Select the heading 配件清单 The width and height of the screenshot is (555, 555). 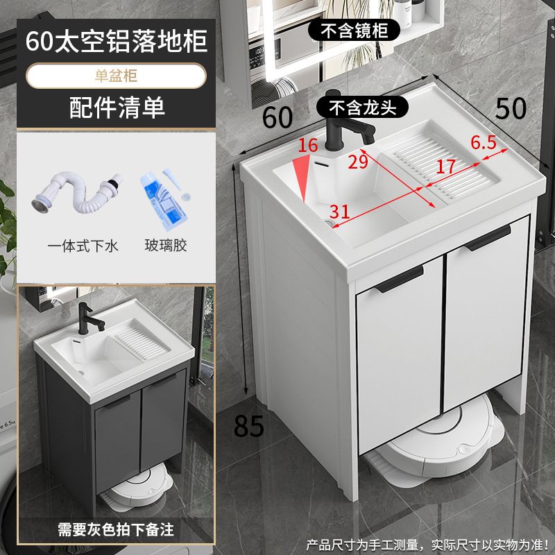click(117, 108)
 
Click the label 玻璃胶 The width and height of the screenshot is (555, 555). click(166, 245)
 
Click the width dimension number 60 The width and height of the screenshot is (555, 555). click(277, 117)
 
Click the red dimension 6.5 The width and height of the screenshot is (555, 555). click(484, 144)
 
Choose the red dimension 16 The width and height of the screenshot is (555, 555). click(307, 146)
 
